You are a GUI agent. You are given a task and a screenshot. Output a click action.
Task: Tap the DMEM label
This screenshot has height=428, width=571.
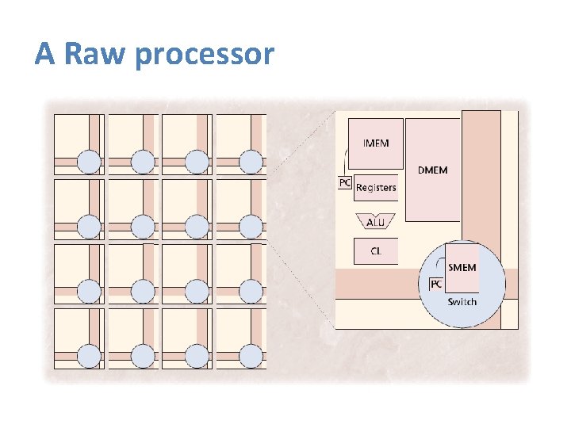click(432, 170)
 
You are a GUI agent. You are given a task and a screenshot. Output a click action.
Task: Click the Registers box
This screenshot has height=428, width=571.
click(375, 188)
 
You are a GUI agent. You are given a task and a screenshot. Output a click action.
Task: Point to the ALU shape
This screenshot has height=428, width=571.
click(375, 222)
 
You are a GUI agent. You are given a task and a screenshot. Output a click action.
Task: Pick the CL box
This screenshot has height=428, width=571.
click(375, 251)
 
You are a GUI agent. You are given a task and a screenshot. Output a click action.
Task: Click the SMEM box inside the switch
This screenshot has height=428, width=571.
click(462, 268)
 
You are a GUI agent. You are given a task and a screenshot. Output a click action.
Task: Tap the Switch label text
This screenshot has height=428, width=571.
click(462, 302)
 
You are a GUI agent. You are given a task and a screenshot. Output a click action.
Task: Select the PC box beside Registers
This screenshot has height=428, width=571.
click(345, 183)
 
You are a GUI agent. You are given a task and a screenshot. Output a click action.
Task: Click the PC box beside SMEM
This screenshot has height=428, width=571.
click(436, 284)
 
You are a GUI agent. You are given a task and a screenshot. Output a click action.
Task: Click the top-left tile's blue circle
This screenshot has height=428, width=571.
click(89, 162)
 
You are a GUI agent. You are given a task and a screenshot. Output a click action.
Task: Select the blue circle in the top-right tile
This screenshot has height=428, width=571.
click(251, 162)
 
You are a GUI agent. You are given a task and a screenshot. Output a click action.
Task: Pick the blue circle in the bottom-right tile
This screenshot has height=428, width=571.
click(251, 356)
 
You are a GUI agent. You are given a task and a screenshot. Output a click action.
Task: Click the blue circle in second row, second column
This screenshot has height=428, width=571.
click(143, 227)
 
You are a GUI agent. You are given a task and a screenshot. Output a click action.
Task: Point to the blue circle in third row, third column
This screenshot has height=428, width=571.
click(197, 291)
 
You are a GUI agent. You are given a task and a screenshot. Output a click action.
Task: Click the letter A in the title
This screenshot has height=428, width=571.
click(44, 54)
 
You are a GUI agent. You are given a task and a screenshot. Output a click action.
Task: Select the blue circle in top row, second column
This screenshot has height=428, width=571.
click(143, 162)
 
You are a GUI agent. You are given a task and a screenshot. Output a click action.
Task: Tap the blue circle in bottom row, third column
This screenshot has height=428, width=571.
click(197, 356)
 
